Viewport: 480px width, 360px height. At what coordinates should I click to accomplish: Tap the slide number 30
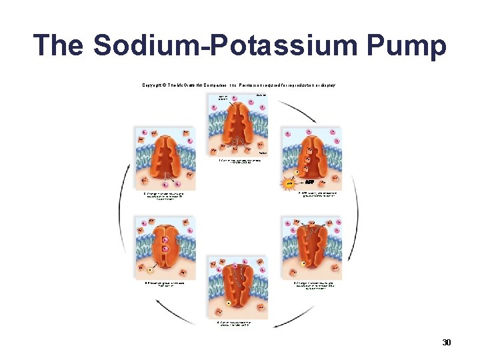pyautogui.click(x=447, y=343)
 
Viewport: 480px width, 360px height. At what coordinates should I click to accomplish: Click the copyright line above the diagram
pyautogui.click(x=239, y=85)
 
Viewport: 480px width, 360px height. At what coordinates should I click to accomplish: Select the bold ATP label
pyautogui.click(x=311, y=181)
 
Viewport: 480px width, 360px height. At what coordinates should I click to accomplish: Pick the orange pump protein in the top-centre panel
pyautogui.click(x=238, y=128)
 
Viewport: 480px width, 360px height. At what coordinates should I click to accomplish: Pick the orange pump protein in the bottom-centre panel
pyautogui.click(x=239, y=287)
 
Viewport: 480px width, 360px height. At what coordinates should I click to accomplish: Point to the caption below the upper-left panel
pyautogui.click(x=164, y=196)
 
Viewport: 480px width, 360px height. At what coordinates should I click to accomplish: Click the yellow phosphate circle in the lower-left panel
pyautogui.click(x=151, y=269)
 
